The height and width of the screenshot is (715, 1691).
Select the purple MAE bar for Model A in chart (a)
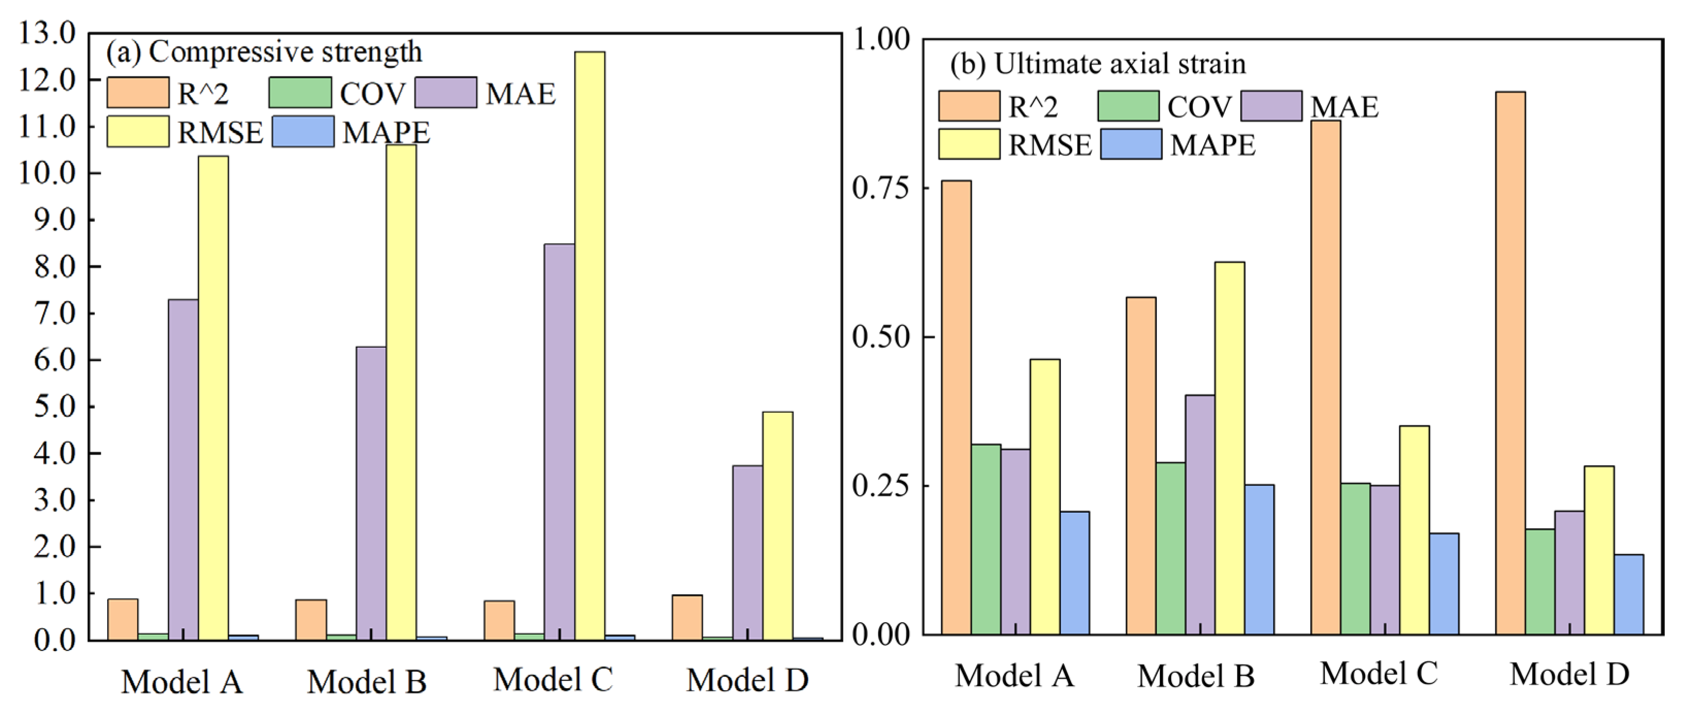[183, 469]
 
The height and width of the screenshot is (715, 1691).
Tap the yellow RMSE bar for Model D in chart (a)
[777, 525]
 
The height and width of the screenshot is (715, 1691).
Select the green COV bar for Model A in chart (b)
[986, 539]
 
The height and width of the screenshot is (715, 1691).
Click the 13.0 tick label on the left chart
[48, 33]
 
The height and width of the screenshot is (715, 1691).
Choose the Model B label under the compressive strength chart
[367, 681]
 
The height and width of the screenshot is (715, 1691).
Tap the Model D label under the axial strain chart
[1569, 675]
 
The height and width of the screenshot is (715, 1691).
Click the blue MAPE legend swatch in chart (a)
[303, 132]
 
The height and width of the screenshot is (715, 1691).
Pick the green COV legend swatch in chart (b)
[1128, 106]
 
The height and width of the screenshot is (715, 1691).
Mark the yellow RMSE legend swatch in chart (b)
[968, 144]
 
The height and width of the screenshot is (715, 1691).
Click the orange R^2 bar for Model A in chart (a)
[123, 619]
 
